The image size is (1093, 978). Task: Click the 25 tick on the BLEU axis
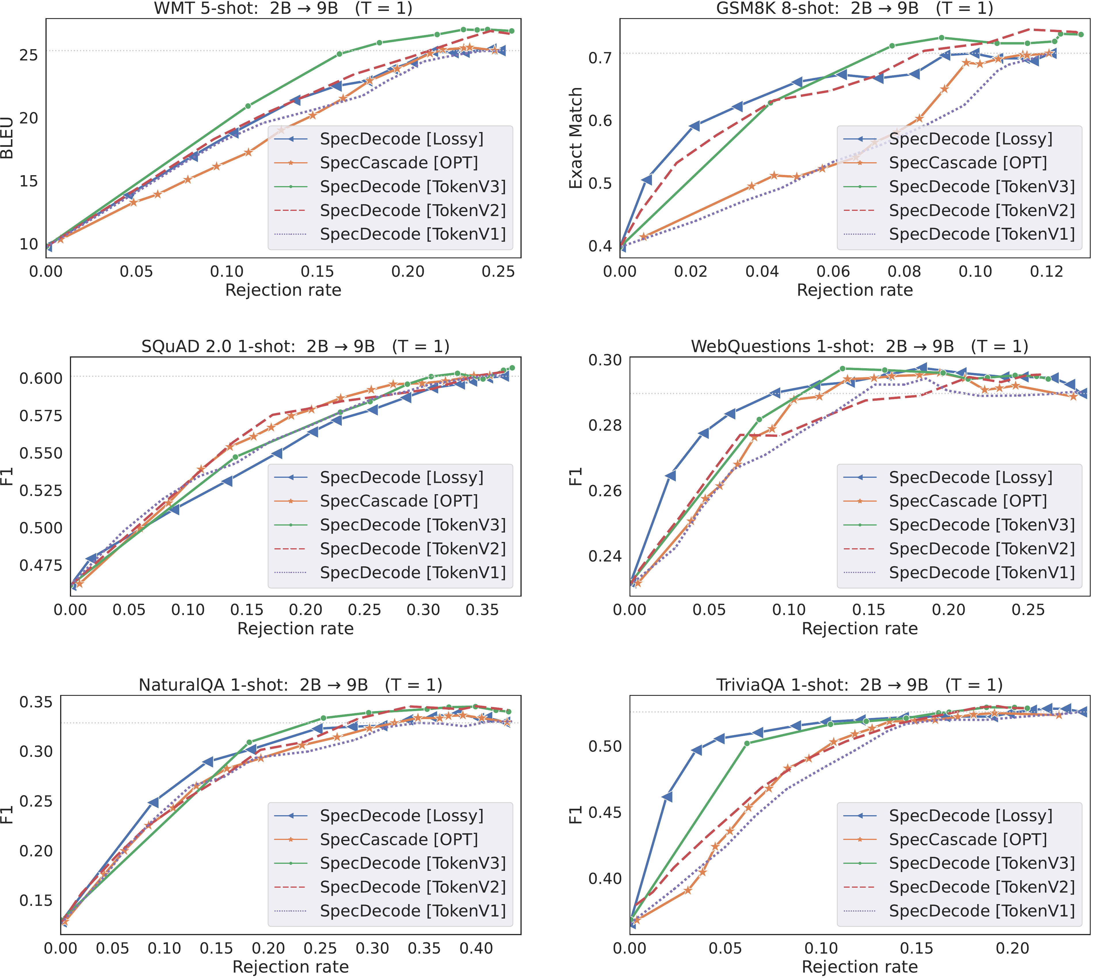point(28,55)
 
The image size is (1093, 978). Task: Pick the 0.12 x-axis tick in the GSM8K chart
point(1046,271)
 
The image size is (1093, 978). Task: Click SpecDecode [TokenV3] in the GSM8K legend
point(981,186)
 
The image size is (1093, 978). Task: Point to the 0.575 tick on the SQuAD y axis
point(41,415)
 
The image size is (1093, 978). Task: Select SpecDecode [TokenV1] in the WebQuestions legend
point(981,572)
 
